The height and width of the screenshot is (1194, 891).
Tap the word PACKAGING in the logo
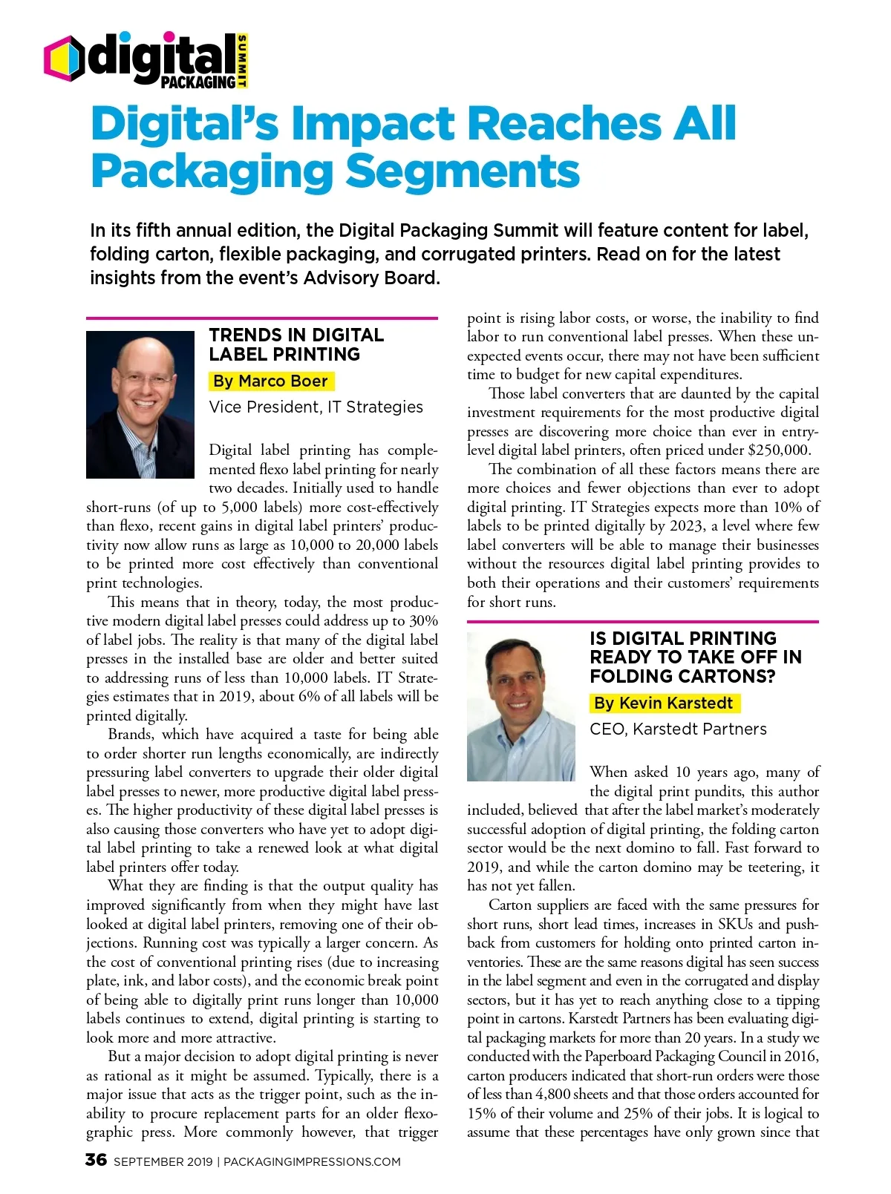pos(198,82)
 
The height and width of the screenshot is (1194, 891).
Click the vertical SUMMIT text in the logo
pos(243,61)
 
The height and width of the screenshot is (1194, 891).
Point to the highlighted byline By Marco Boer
pos(271,381)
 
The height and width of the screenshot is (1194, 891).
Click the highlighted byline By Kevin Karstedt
pos(665,703)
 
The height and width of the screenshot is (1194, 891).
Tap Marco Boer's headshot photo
pos(140,404)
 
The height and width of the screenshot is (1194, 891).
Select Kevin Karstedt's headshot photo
pos(520,706)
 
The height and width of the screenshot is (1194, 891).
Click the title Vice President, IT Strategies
pos(316,407)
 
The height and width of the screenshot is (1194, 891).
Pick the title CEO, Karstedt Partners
pos(678,729)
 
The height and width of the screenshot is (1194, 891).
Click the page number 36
pos(97,1160)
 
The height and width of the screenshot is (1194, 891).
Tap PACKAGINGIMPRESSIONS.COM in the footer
pos(312,1162)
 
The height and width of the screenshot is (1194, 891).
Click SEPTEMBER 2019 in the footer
pos(163,1162)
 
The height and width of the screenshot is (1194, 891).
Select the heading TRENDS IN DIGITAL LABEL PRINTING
pos(296,344)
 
